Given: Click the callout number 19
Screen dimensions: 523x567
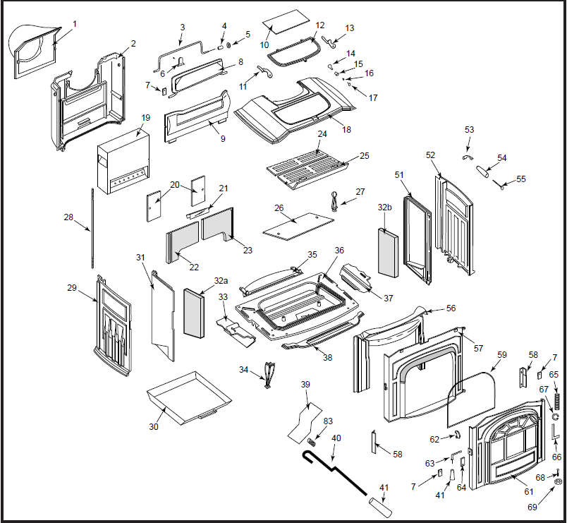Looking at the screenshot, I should pyautogui.click(x=146, y=117).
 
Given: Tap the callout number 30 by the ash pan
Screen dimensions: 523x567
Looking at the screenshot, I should pyautogui.click(x=154, y=426).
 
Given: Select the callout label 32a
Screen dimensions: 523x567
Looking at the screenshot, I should pyautogui.click(x=219, y=281).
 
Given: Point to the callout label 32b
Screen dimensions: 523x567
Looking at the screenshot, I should pyautogui.click(x=384, y=208).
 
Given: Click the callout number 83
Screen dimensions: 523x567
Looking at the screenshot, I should pyautogui.click(x=328, y=421).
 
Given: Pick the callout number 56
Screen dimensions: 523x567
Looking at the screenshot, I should pyautogui.click(x=451, y=308).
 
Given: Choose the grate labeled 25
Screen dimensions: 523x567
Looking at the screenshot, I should pyautogui.click(x=308, y=167).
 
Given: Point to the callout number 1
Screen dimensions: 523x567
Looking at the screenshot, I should pyautogui.click(x=75, y=23).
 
